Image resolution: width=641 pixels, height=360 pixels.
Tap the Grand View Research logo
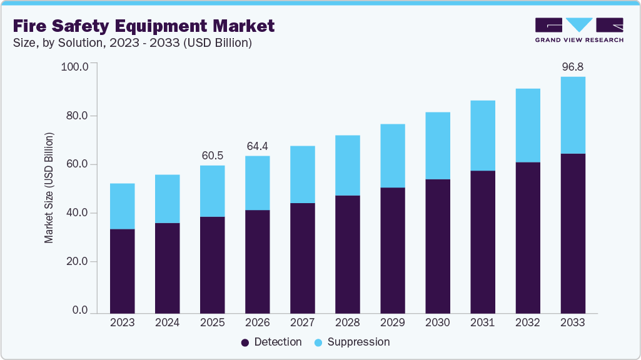[579, 29]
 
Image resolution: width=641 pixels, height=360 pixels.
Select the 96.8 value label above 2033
[572, 66]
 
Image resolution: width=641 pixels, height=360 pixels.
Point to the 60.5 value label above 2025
[212, 155]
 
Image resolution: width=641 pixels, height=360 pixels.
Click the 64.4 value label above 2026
[257, 146]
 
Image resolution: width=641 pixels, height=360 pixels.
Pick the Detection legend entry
[271, 342]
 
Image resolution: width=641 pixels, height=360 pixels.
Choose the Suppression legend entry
[351, 342]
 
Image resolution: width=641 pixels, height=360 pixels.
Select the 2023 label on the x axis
[122, 322]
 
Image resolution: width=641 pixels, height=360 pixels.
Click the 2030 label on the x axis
[437, 322]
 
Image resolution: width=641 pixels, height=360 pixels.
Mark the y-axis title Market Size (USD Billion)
[49, 187]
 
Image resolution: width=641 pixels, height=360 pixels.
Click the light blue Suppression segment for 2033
[572, 115]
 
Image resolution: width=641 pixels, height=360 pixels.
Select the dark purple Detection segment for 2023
[122, 271]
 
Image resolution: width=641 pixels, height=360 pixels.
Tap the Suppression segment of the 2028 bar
[347, 165]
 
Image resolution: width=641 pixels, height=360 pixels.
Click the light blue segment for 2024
[167, 198]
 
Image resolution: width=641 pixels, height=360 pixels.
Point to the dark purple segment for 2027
[302, 257]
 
